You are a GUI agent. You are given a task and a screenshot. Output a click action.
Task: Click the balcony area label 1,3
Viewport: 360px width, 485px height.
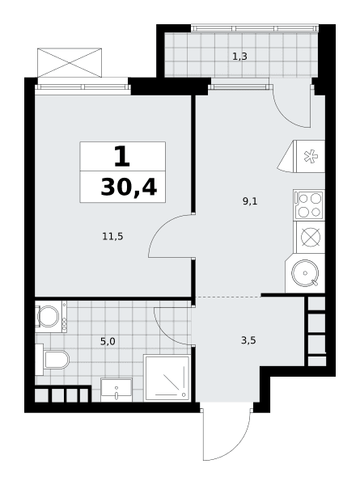[x=239, y=57]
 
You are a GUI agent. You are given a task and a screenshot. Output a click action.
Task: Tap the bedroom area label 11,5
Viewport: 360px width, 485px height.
[x=112, y=237]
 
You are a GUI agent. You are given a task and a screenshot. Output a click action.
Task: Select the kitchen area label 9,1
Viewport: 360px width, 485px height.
[x=250, y=201]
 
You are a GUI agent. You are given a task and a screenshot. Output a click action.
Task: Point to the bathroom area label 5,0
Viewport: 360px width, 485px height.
[x=108, y=341]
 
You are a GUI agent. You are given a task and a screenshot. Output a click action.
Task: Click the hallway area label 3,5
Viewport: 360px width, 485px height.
[x=248, y=340]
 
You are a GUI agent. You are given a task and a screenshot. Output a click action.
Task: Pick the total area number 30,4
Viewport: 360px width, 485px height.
[x=129, y=188]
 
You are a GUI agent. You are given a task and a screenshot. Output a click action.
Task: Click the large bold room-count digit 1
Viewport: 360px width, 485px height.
[x=122, y=156]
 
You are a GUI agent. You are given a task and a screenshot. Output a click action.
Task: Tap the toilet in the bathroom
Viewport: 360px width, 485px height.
[x=53, y=360]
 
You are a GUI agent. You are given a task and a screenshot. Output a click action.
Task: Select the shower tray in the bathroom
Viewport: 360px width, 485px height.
[x=167, y=377]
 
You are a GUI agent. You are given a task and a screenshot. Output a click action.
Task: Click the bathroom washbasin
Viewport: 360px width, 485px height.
[x=116, y=390]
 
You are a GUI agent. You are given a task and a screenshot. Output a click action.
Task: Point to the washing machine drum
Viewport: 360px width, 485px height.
[x=48, y=316]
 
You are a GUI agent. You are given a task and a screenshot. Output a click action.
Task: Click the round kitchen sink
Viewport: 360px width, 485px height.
[x=305, y=273]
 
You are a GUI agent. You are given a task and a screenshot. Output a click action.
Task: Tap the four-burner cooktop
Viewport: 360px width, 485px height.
[x=309, y=205]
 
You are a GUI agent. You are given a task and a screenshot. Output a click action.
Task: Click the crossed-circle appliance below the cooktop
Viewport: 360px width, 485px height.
[x=311, y=237]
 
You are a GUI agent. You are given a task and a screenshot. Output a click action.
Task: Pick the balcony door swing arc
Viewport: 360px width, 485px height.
[x=286, y=116]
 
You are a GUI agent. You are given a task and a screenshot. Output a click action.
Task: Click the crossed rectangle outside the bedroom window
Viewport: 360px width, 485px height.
[x=70, y=62]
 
